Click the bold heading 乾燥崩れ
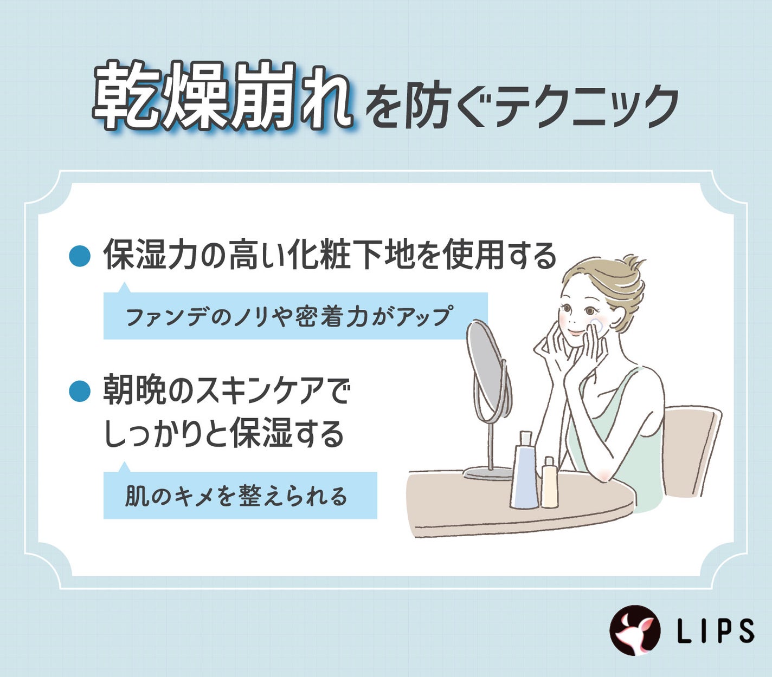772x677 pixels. (x=221, y=97)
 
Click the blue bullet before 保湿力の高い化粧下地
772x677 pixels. (x=79, y=256)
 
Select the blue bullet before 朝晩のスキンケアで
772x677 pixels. (x=79, y=390)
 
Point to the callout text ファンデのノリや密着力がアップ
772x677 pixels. (x=288, y=317)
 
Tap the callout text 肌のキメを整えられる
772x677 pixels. (x=236, y=496)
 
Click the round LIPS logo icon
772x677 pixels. (x=635, y=630)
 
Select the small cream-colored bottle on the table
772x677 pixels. (x=549, y=484)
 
